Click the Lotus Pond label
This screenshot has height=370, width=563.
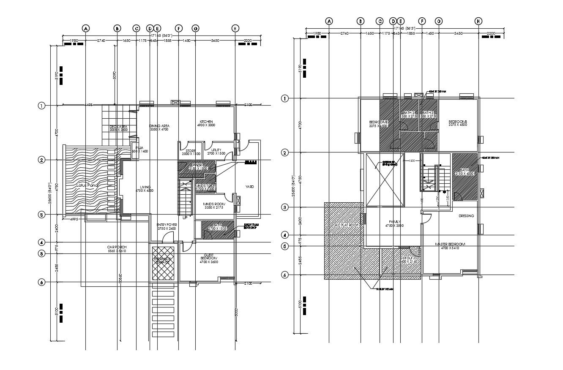point(87,185)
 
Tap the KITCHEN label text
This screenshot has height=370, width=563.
point(206,122)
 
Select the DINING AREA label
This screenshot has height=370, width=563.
point(159,126)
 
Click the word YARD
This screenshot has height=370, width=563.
point(250,186)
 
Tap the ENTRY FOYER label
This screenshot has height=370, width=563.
point(167,225)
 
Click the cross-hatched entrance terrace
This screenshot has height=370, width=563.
point(162,261)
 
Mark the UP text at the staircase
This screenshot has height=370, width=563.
point(185,218)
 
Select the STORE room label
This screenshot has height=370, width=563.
point(191,150)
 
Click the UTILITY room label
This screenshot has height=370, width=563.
point(216,150)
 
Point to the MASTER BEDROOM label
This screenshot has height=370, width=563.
point(450,244)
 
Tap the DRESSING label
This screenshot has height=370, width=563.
point(466,216)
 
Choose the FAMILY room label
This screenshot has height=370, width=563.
point(394,222)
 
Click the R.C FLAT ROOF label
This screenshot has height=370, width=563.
point(347,225)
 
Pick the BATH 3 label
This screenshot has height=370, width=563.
point(428,113)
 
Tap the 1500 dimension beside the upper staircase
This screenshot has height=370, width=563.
point(411,161)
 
